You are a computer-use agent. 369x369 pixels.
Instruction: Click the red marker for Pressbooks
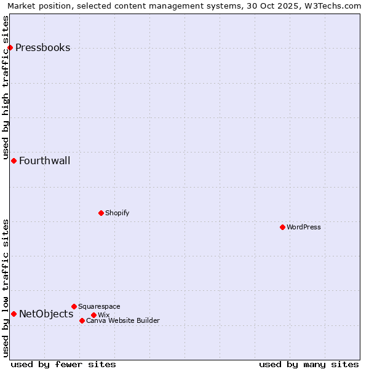10,47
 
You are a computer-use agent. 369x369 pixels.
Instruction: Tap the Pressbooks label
42,48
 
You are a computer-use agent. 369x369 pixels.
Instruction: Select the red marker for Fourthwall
14,161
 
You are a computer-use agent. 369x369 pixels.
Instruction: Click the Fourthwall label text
44,161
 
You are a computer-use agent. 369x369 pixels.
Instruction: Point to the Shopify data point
101,213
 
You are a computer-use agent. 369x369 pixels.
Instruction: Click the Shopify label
117,213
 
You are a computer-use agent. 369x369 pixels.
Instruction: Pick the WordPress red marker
282,227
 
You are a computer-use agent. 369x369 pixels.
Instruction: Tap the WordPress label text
304,227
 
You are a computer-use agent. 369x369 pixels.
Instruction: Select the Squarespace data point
74,306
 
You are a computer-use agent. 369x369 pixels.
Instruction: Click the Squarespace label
99,306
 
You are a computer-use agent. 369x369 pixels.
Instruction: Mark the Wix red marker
93,315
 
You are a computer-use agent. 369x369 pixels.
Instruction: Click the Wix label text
103,315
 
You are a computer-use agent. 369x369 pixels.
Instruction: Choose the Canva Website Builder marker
82,320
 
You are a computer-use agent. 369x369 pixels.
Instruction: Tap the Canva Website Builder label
122,320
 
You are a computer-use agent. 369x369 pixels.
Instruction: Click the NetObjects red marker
14,314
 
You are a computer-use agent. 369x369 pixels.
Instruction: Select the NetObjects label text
46,314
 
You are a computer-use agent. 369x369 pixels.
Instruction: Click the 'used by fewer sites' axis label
63,364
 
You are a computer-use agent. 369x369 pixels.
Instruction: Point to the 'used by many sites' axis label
308,364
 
